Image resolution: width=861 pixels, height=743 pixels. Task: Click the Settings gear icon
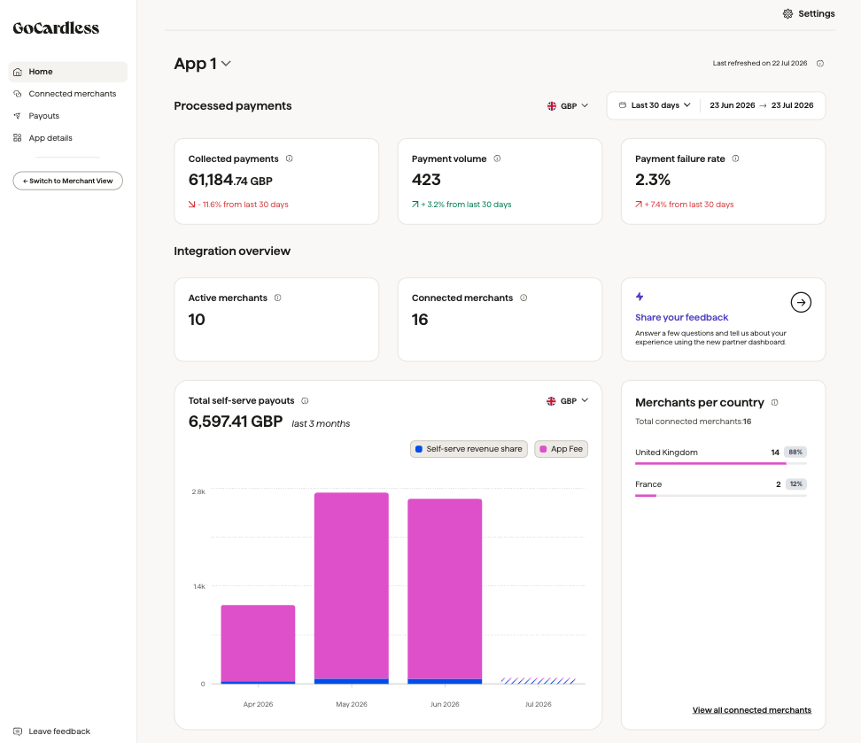pos(787,14)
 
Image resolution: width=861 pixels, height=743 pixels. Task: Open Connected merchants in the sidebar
pos(72,94)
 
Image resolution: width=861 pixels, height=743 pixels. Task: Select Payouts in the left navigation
pos(43,116)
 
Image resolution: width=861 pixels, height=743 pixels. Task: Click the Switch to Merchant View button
pos(68,181)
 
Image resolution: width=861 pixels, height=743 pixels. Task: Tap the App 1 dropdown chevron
pos(226,64)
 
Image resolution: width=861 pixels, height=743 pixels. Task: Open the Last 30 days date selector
pos(654,105)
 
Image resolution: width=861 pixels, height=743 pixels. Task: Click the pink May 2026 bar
pos(352,586)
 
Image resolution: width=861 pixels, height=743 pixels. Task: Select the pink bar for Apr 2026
pos(258,643)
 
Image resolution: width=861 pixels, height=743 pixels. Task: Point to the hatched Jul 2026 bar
pos(539,681)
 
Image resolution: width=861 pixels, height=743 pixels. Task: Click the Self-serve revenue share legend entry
pos(469,449)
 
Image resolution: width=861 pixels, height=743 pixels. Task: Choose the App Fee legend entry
pos(562,449)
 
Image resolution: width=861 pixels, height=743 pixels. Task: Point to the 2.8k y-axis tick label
pos(198,492)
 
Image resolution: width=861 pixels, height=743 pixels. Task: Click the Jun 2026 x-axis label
pos(445,704)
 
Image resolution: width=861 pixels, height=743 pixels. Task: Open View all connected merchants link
pos(752,710)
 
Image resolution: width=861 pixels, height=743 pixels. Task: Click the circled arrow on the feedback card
pos(801,303)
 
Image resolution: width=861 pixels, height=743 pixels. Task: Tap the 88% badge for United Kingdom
pos(795,453)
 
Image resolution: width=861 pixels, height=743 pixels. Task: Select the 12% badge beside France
pos(796,484)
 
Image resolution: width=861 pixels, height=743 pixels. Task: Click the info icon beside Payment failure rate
pos(736,159)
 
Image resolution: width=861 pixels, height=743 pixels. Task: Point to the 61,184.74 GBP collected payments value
pos(230,180)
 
